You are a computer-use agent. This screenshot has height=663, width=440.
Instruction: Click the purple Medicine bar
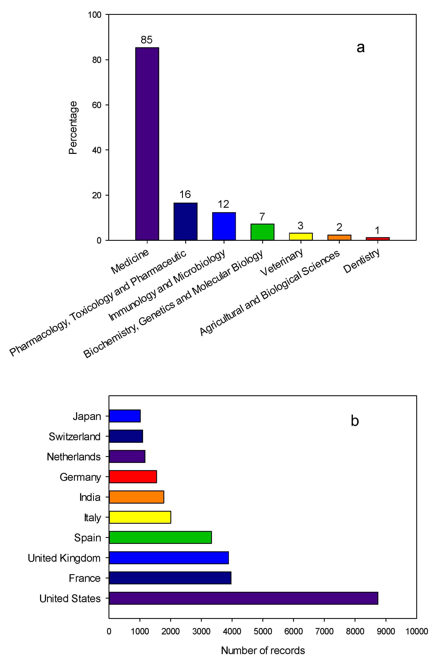[x=147, y=144]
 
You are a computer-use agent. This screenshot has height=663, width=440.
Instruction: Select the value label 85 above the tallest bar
[x=146, y=40]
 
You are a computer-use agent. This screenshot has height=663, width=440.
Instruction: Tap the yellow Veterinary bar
[x=301, y=237]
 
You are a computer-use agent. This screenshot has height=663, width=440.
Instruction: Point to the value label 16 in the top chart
[x=185, y=194]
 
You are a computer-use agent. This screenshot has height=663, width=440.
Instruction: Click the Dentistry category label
[x=361, y=261]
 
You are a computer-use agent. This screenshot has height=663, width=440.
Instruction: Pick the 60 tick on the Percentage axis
[x=97, y=105]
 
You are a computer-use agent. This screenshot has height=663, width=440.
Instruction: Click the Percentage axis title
[x=73, y=127]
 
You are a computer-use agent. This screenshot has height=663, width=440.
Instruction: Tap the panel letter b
[x=355, y=421]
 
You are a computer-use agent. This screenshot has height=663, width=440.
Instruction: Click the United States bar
[x=243, y=598]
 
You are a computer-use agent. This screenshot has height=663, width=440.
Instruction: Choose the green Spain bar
[x=160, y=537]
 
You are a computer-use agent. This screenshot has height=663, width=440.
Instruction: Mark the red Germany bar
[x=133, y=477]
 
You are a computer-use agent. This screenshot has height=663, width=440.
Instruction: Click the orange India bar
[x=136, y=497]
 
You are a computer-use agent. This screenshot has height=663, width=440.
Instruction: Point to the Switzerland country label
[x=75, y=436]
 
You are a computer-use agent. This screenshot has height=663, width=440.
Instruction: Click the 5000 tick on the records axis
[x=263, y=631]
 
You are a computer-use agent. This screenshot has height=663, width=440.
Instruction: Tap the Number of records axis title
[x=263, y=650]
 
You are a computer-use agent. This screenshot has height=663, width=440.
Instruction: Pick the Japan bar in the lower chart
[x=125, y=416]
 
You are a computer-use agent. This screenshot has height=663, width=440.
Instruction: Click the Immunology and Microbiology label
[x=167, y=285]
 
